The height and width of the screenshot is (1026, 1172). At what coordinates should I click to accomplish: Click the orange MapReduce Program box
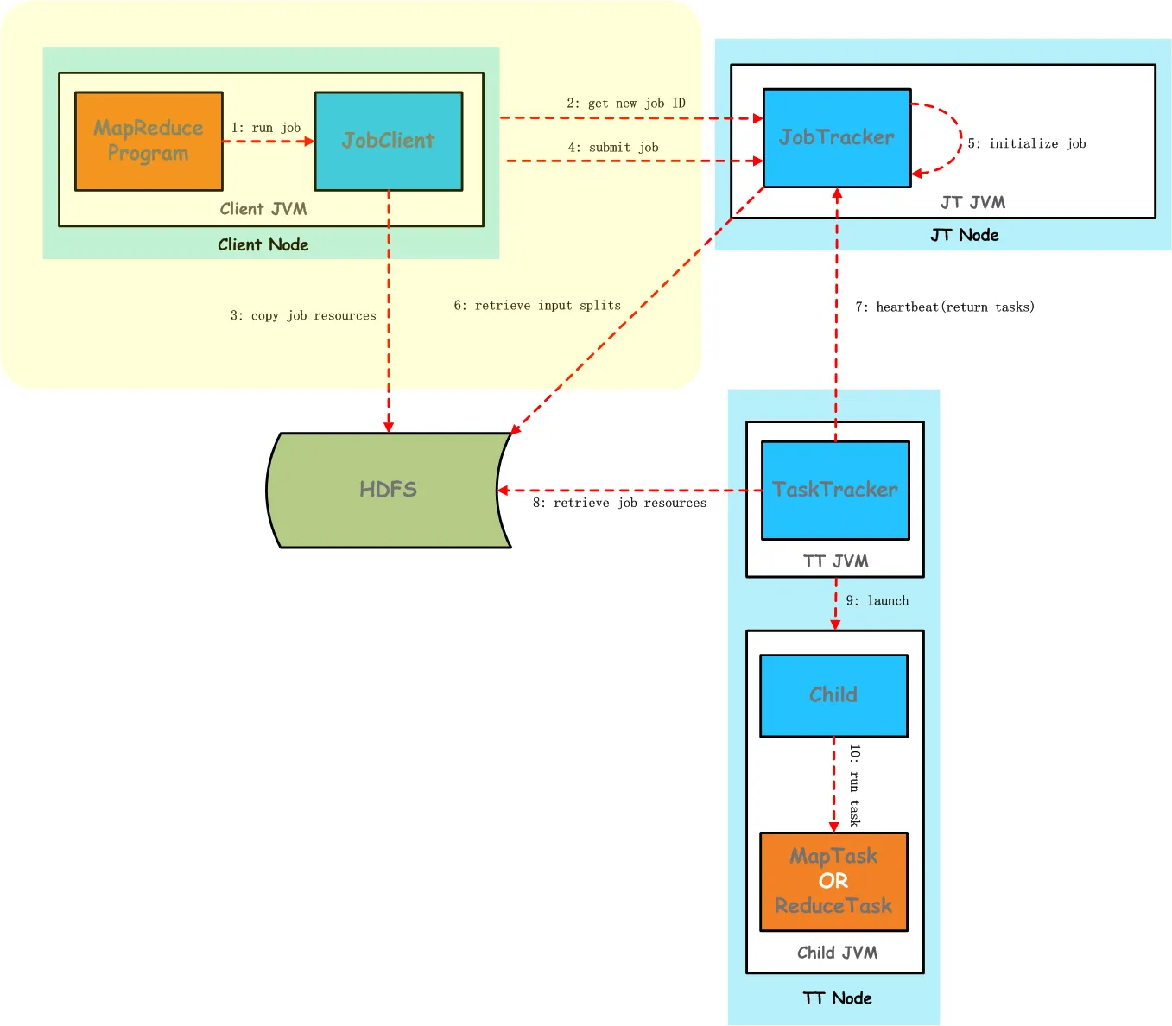pos(149,141)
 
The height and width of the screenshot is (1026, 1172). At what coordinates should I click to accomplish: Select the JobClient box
pos(388,141)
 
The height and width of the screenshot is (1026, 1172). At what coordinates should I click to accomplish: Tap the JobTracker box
pos(836,137)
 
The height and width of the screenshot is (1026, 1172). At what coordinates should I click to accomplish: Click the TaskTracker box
pos(834,490)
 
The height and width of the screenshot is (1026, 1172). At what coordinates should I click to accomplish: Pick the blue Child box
pos(833,695)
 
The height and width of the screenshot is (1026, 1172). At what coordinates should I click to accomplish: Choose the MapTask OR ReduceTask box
pos(833,881)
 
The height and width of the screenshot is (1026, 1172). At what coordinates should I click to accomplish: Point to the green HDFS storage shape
pos(388,490)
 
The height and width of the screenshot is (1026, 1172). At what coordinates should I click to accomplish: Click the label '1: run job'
pos(266,128)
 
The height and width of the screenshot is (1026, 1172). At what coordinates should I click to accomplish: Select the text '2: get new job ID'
pos(626,104)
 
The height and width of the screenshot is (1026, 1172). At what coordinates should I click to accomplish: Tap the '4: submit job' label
pos(613,148)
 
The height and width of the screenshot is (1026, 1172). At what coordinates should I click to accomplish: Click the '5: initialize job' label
pos(1027,143)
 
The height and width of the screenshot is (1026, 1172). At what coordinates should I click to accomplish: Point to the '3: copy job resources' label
pos(303,316)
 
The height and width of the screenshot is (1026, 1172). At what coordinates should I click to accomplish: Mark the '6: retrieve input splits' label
pos(537,306)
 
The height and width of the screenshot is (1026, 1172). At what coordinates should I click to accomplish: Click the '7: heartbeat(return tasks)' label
pos(945,307)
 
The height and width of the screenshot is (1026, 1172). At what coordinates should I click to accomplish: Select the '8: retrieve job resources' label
pos(619,503)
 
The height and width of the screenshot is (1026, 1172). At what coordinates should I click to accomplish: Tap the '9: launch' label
pos(877,601)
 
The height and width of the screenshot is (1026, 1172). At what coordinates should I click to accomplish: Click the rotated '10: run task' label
pos(854,785)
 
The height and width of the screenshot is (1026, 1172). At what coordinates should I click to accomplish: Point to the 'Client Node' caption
pos(263,244)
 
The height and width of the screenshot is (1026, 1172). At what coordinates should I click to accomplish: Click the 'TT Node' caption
pos(837,998)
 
